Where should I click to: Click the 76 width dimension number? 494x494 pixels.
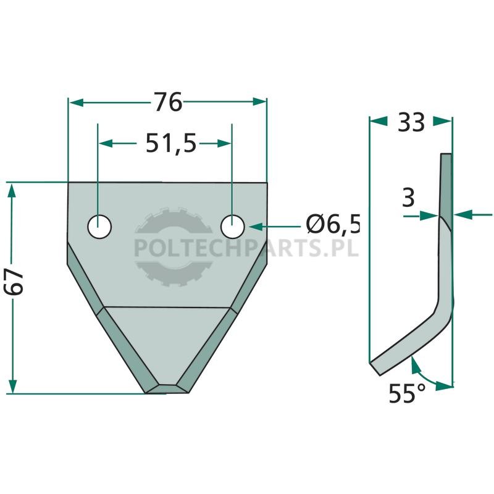point(168,102)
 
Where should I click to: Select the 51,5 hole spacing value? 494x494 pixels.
point(171,144)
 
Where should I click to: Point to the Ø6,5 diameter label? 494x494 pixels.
point(333,225)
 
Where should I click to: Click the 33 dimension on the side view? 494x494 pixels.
point(411,122)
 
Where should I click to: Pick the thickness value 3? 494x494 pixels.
point(409,198)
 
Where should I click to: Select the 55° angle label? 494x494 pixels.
point(407,393)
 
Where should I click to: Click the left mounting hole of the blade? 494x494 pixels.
point(99,227)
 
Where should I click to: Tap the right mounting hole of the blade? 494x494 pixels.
point(233,227)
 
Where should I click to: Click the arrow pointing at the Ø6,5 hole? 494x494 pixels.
point(275,226)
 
